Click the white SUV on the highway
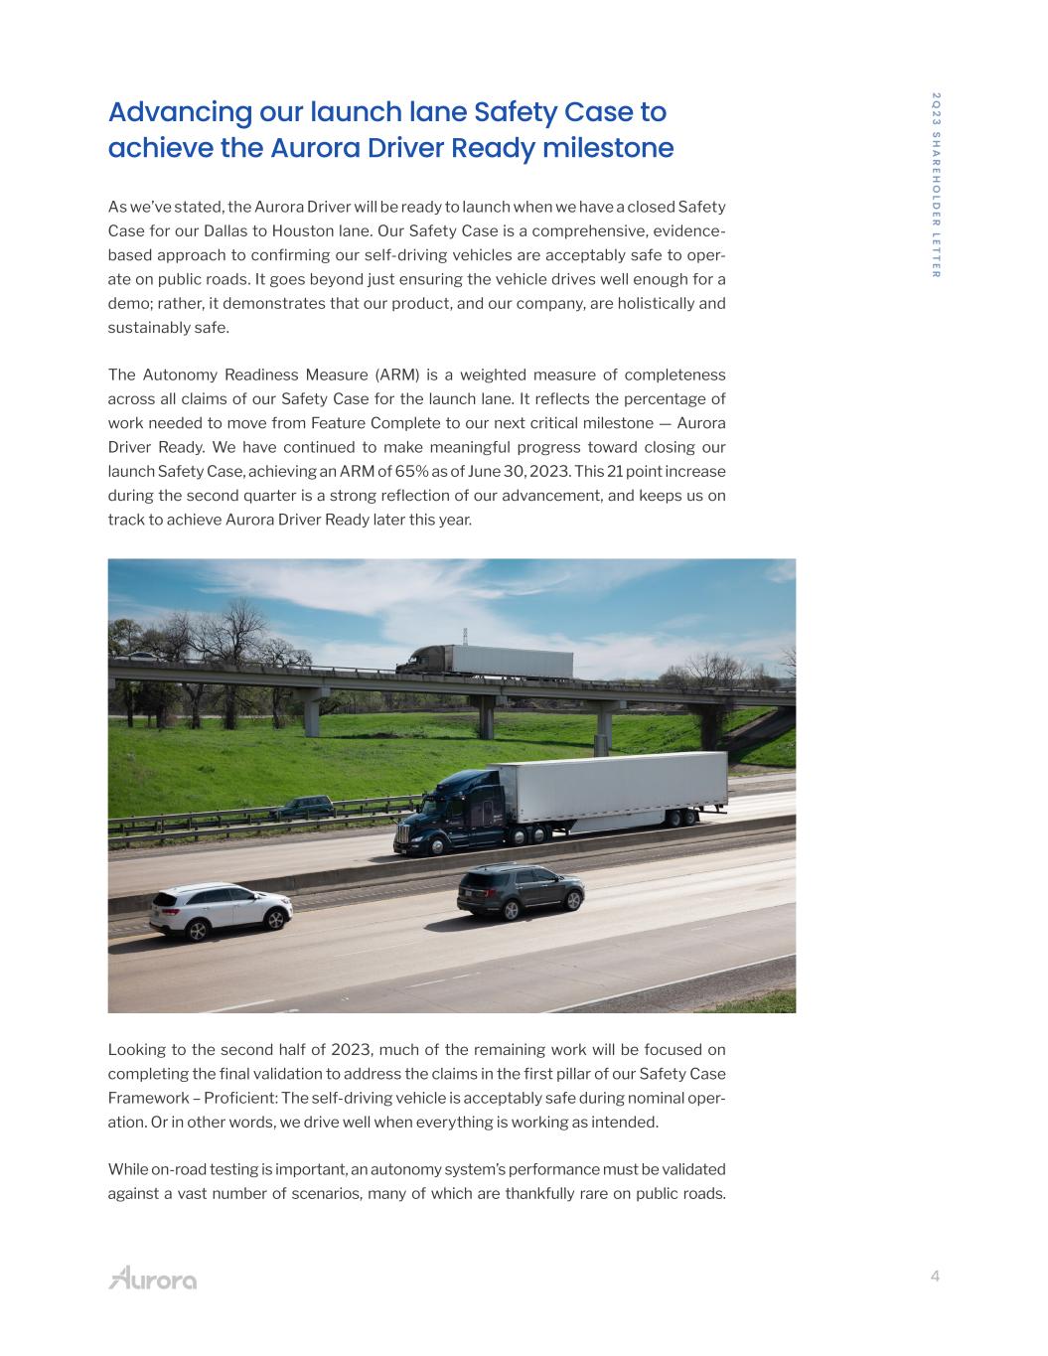click(x=221, y=910)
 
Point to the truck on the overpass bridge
click(x=485, y=661)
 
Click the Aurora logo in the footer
click(x=152, y=1278)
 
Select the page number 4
click(x=935, y=1278)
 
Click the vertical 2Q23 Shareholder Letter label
click(x=936, y=185)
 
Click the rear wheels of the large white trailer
click(x=681, y=817)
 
